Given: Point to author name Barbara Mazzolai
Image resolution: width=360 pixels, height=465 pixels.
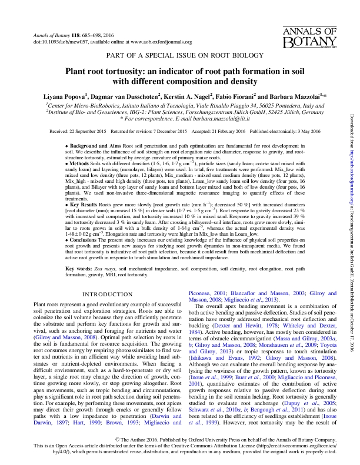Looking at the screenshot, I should (x=298, y=95).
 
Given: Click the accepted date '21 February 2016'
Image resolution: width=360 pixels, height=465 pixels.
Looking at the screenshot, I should (x=226, y=132).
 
